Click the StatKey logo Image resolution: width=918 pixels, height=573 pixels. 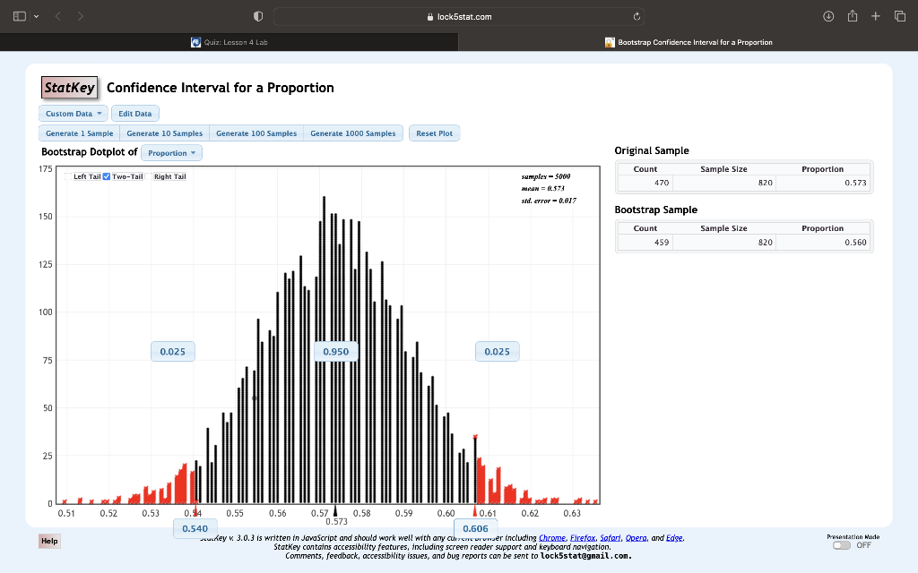69,88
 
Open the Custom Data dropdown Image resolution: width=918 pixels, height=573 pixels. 74,114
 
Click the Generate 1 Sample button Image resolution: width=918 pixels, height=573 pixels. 80,133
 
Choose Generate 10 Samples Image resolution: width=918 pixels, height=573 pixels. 165,133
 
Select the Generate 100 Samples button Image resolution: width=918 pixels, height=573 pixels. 256,133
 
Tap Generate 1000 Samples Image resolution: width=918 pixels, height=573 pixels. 352,133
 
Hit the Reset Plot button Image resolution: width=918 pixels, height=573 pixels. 434,133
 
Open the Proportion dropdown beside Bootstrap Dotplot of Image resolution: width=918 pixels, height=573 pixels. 172,153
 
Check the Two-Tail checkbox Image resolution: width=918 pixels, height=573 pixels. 108,176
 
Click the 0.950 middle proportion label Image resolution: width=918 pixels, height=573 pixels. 336,352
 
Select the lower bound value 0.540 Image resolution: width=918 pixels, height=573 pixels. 195,529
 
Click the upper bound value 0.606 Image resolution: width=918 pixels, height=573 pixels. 475,529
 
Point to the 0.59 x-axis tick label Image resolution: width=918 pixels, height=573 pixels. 403,514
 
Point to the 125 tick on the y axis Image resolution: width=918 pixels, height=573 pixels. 45,265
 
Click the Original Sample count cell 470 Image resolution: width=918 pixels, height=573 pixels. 663,183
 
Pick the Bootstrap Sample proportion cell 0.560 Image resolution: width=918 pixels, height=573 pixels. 854,242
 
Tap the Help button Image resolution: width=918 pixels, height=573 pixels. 49,541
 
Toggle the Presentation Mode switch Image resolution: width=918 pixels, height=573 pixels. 841,544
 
